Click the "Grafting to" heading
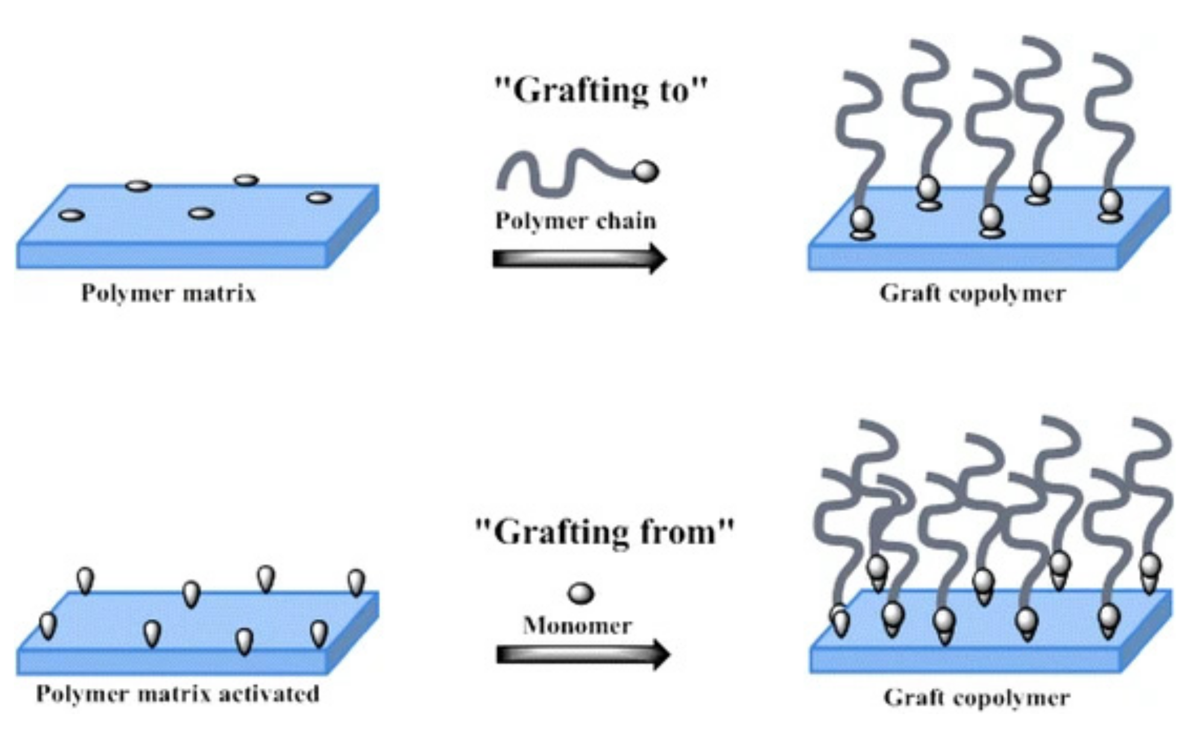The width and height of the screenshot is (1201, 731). click(x=600, y=90)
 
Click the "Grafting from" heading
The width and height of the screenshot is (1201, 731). click(x=605, y=532)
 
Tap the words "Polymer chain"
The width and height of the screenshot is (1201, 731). click(x=575, y=221)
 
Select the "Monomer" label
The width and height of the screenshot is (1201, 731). click(x=577, y=625)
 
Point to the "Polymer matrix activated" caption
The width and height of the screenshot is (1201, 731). click(x=177, y=694)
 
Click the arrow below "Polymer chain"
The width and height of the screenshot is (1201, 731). click(x=579, y=258)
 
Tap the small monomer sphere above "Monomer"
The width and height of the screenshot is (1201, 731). click(x=581, y=593)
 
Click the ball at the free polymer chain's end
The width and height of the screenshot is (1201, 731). click(x=646, y=172)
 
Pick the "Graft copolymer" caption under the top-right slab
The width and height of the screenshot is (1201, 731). click(x=972, y=294)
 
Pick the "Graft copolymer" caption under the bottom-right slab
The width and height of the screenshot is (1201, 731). click(x=976, y=698)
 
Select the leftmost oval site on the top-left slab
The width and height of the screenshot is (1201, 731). click(x=71, y=215)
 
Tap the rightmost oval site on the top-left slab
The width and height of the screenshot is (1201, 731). click(x=318, y=198)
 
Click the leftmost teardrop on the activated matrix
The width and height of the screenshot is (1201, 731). click(x=48, y=625)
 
